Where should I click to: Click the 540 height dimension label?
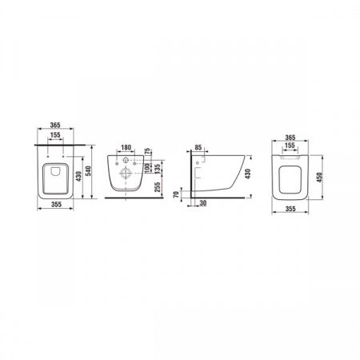tap(89, 171)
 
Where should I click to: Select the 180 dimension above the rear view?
tap(126, 147)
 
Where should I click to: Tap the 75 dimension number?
tap(147, 151)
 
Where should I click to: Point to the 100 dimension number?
tap(147, 168)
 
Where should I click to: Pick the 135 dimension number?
tap(158, 168)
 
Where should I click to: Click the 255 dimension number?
tap(158, 187)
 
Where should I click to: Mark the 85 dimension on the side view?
tap(198, 147)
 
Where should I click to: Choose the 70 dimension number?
tap(176, 194)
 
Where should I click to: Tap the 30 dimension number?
tap(203, 203)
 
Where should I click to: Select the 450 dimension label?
tap(319, 178)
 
